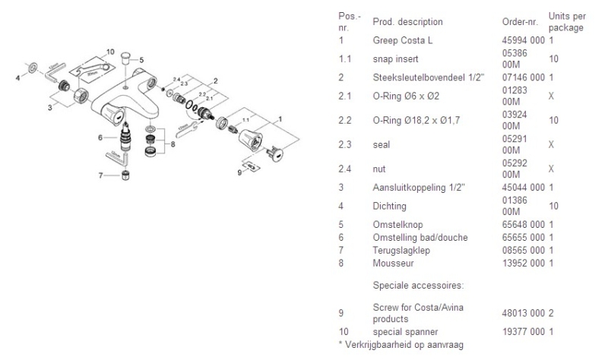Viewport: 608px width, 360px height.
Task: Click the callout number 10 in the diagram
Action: coord(110,52)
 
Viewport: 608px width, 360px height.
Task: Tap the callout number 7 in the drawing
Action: coord(100,176)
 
